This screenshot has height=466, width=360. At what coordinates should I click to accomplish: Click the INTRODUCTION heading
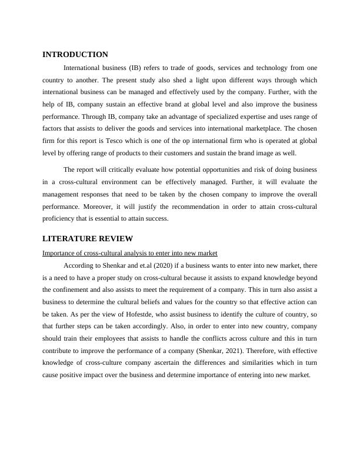tap(75, 54)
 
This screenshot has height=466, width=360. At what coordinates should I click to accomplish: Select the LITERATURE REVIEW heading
tap(88, 238)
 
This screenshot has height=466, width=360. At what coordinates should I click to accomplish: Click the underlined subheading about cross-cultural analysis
tap(130, 252)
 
